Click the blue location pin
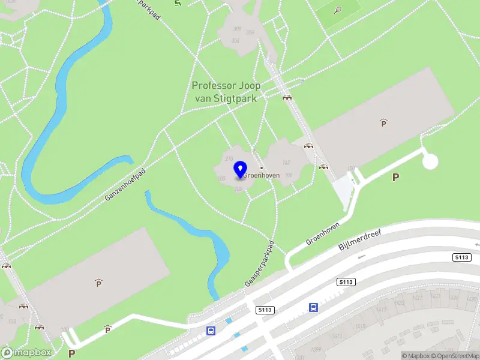pos(241,169)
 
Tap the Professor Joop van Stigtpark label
pos(226,92)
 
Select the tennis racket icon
pos(338,10)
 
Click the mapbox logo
pos(26,353)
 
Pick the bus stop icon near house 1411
pos(313,308)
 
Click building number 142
pos(286,163)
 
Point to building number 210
pos(229,158)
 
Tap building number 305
pos(236,29)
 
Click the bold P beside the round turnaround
pos(395,177)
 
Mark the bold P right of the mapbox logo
pos(71,353)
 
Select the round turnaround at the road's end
pos(430,161)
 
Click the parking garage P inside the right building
pos(383,123)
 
